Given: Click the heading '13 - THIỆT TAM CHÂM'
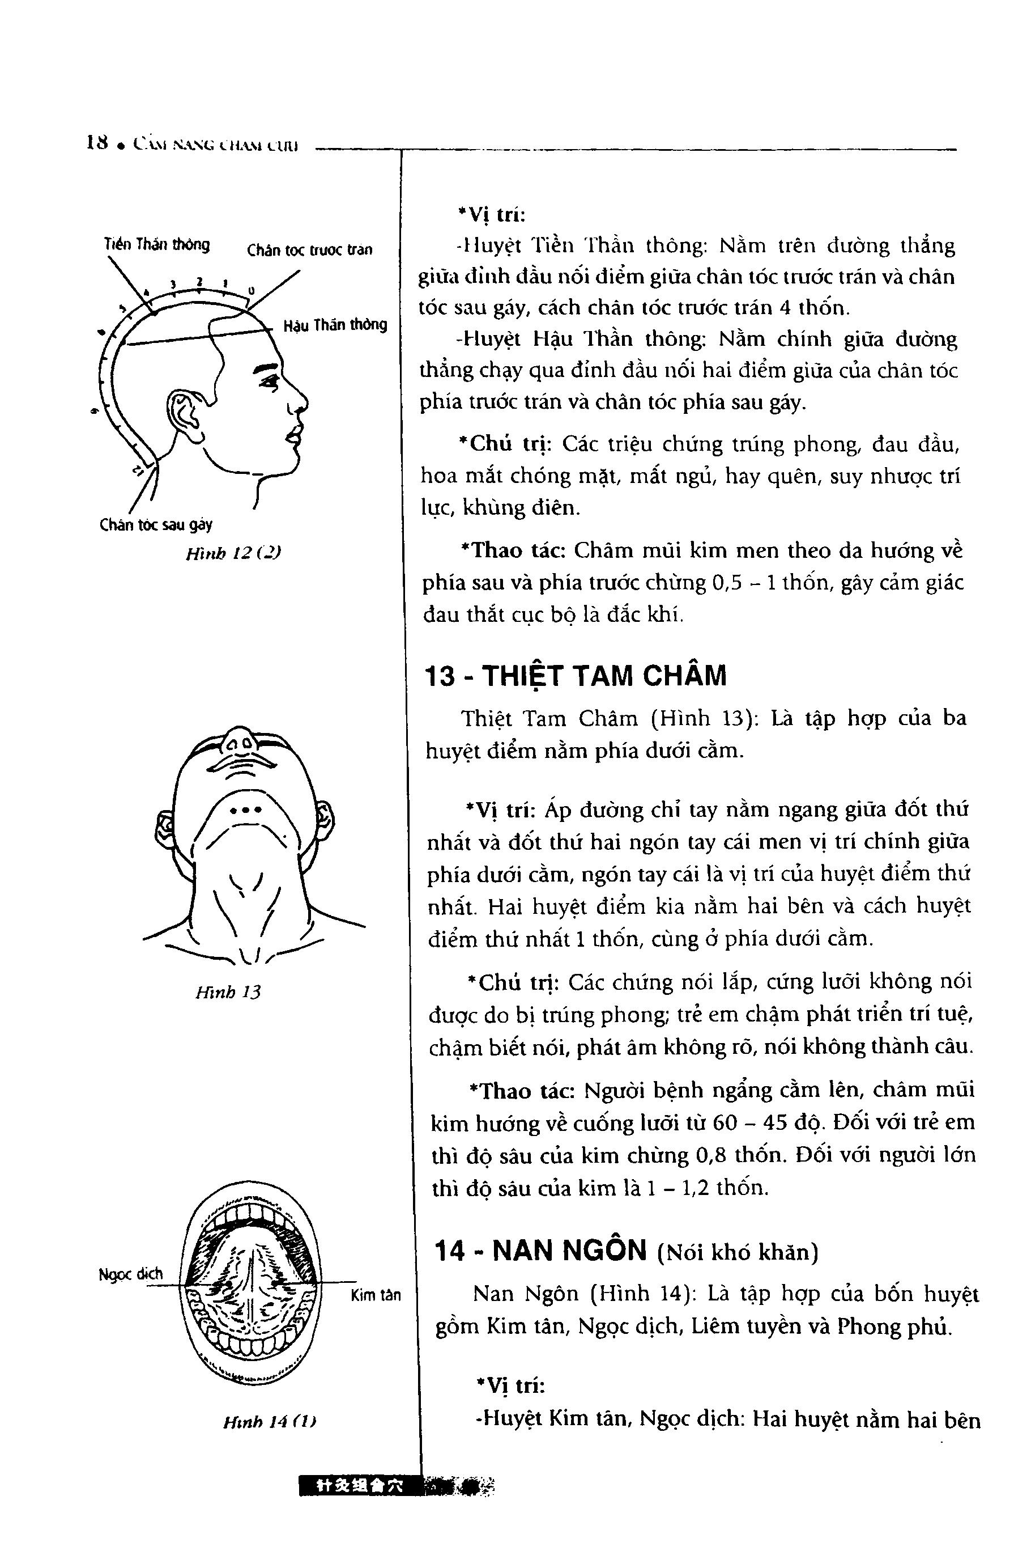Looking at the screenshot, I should point(575,676).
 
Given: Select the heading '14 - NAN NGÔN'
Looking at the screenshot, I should point(540,1251).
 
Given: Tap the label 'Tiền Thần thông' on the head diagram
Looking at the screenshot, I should point(157,244).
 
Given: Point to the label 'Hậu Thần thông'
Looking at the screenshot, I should point(335,324).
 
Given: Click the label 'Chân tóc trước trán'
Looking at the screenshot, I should point(309,250).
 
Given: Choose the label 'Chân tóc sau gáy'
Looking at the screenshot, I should point(156,524).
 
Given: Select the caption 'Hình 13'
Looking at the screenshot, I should point(228,992).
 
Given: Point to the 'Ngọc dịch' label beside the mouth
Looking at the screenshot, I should point(130,1273).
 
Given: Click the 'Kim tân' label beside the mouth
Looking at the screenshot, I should point(376,1295).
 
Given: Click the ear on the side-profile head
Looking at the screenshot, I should point(186,411).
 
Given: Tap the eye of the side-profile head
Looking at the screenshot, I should point(267,382).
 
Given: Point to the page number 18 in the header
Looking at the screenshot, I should point(96,143).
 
